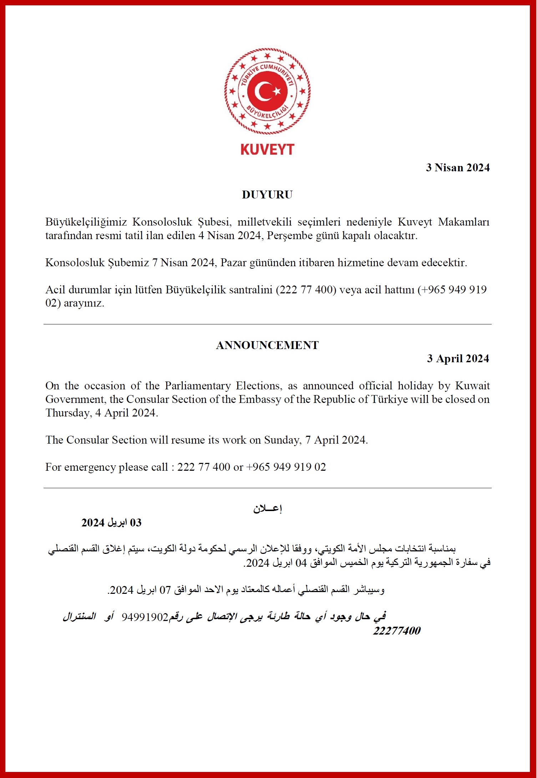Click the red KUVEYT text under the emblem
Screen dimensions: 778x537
pyautogui.click(x=267, y=150)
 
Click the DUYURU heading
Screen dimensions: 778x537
pyautogui.click(x=267, y=194)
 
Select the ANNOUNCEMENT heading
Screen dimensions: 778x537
pyautogui.click(x=267, y=345)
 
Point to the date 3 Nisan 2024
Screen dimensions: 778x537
pyautogui.click(x=458, y=167)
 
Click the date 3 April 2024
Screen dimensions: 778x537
pyautogui.click(x=458, y=358)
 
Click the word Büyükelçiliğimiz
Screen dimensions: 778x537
pyautogui.click(x=86, y=222)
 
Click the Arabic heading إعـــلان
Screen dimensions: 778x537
pyautogui.click(x=268, y=509)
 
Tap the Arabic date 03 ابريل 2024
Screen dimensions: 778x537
pyautogui.click(x=111, y=523)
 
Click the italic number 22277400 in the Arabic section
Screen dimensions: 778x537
pyautogui.click(x=397, y=631)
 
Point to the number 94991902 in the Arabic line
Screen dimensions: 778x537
pyautogui.click(x=145, y=617)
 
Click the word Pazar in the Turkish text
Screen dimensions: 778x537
pyautogui.click(x=233, y=263)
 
